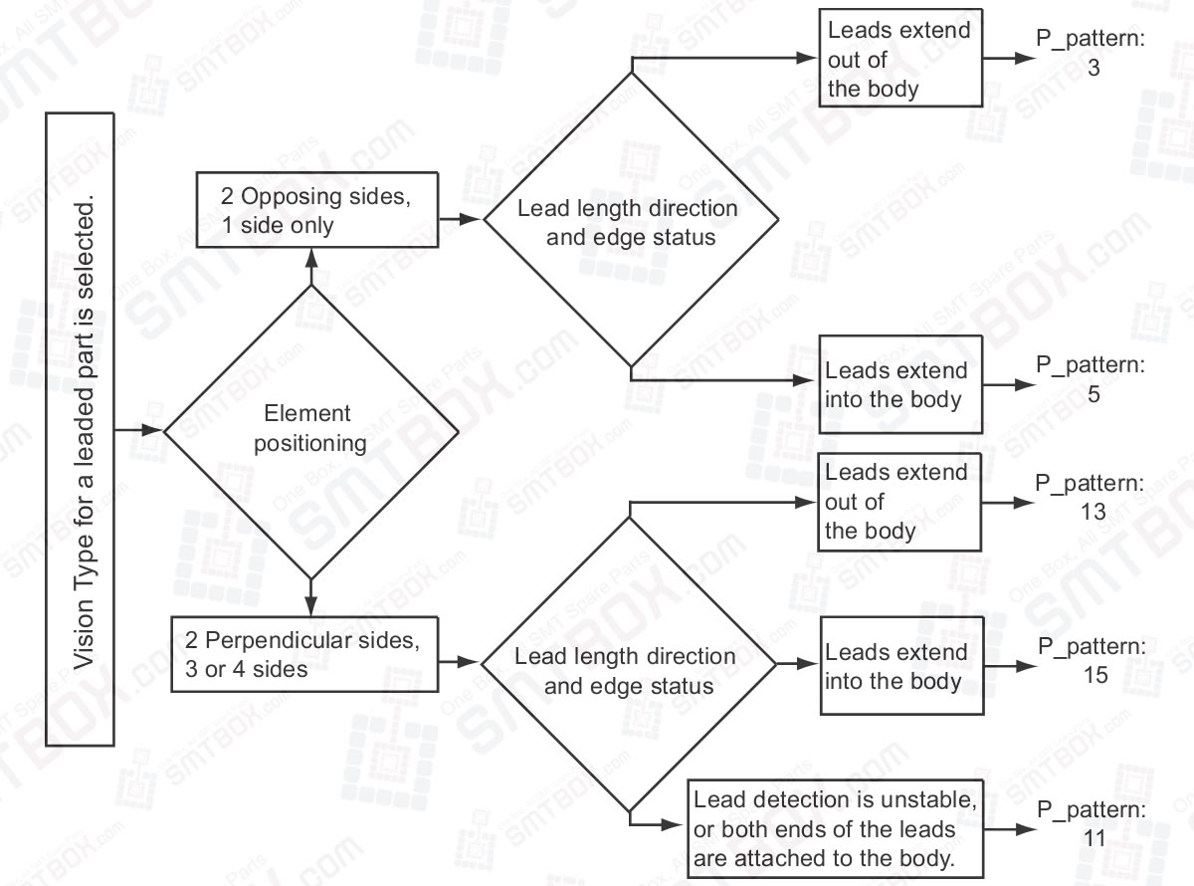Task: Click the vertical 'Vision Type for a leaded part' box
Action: click(81, 429)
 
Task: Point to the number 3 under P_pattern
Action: click(1093, 72)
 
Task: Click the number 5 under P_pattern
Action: click(1093, 394)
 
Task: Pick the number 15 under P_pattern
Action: click(1094, 675)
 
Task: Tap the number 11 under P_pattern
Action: click(1094, 838)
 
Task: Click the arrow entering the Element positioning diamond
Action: click(139, 431)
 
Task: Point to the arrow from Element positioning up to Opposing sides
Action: click(310, 265)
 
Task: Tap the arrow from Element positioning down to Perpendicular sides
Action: click(310, 597)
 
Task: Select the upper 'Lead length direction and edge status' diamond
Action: click(629, 221)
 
